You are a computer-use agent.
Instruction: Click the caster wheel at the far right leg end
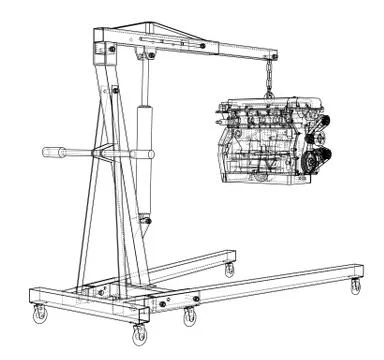click(x=354, y=287)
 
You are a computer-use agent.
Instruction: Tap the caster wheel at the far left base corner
click(x=41, y=316)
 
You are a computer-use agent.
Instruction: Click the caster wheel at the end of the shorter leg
click(x=229, y=270)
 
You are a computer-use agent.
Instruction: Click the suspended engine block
click(x=262, y=140)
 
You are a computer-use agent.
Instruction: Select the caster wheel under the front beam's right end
click(x=188, y=317)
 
